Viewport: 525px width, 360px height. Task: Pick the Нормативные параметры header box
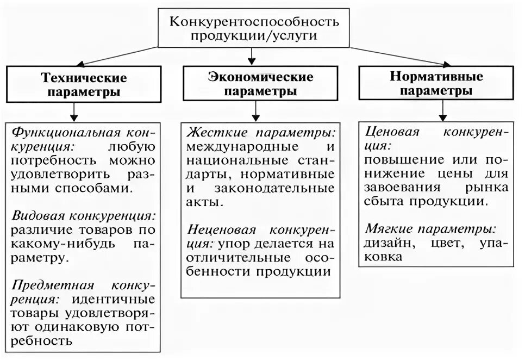click(436, 84)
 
